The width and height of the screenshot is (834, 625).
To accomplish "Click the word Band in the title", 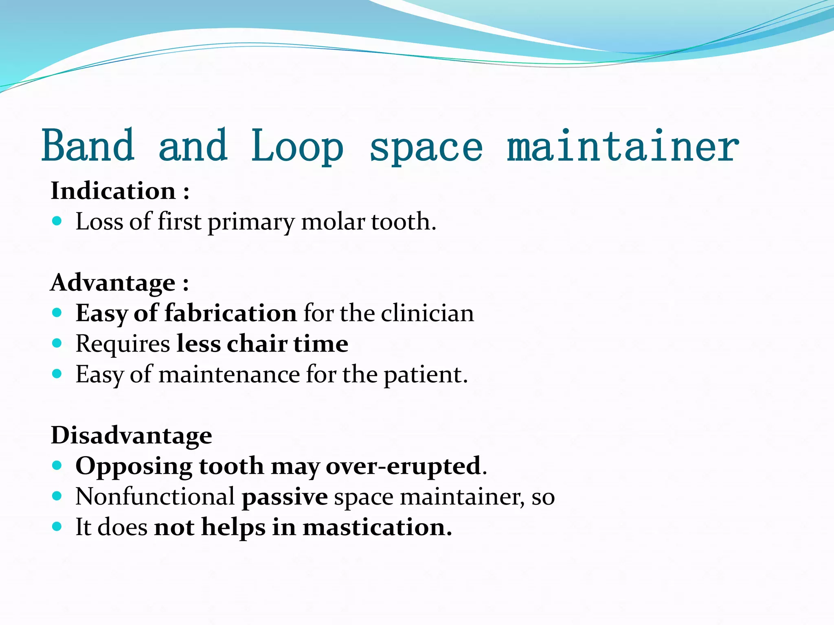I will coord(88,146).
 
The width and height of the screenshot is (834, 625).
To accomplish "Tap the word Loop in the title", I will coord(297,146).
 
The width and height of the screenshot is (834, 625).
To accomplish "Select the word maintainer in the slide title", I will coord(623,146).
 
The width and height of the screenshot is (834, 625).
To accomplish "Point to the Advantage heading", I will coord(113,282).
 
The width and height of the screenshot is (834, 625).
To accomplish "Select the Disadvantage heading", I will coord(131,435).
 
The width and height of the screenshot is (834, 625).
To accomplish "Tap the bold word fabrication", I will coord(230,313).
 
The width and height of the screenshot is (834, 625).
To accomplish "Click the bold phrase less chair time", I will coord(262,344).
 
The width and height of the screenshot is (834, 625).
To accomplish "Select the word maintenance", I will coord(229,374).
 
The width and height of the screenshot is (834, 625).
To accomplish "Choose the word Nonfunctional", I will coord(155,496).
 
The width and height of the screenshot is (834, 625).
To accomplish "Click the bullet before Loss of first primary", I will coord(57,221).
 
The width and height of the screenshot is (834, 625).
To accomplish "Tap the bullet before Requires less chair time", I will coord(57,343).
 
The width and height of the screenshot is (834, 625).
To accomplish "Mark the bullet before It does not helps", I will coord(57,527).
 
